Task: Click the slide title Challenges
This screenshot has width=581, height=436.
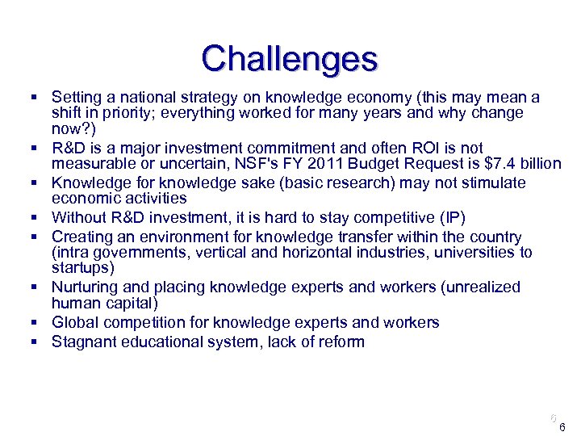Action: (x=290, y=59)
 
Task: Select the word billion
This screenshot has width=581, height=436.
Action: (x=540, y=164)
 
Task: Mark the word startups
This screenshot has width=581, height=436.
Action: (x=80, y=268)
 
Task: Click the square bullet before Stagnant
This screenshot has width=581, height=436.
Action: (x=36, y=342)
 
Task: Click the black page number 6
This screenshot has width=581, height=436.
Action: (x=562, y=428)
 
